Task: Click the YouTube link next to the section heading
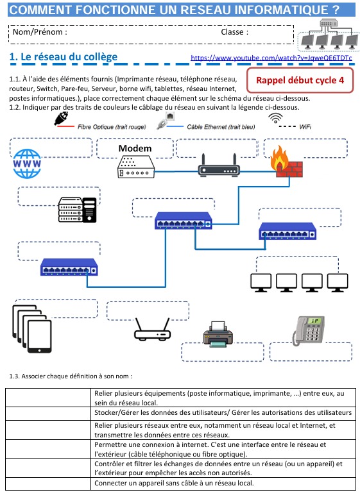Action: pos(271,58)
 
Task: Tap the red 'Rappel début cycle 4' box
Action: pos(300,80)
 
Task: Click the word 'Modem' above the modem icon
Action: pos(135,148)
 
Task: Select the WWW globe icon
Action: pos(27,164)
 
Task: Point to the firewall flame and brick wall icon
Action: pos(286,162)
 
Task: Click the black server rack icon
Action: pos(78,210)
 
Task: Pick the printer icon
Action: pos(218,334)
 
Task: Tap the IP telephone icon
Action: pos(308,330)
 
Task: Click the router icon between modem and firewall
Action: pos(219,165)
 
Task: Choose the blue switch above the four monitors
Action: pos(287,231)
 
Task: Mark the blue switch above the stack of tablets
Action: pos(69,267)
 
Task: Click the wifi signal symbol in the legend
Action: pos(275,117)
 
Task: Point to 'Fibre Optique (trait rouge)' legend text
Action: pos(112,127)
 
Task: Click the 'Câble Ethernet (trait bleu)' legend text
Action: pos(221,127)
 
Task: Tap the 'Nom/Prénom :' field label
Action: pos(40,32)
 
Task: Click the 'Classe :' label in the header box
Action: pos(235,32)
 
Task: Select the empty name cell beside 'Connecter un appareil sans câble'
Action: pos(48,484)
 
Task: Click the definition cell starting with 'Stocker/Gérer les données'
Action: pos(223,414)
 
